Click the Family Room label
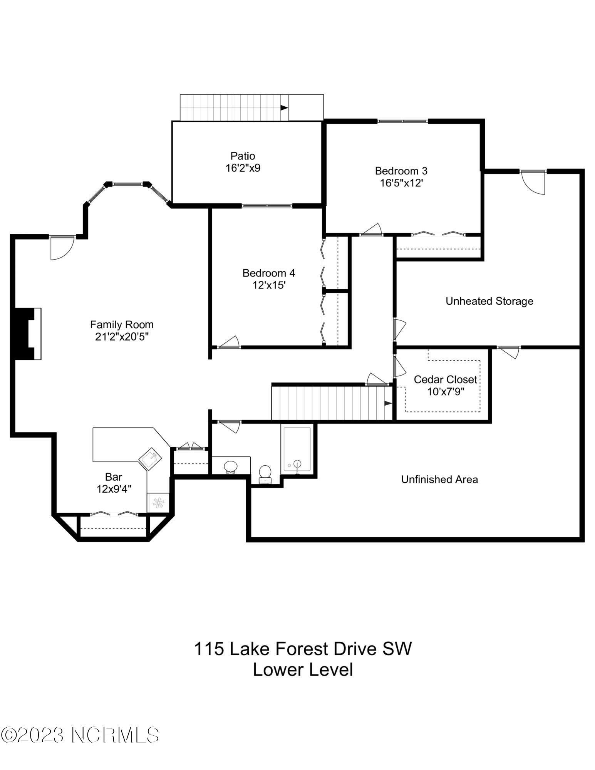(122, 324)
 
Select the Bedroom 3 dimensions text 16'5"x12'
(401, 183)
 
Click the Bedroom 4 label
(268, 273)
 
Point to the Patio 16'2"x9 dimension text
(243, 168)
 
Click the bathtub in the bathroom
(297, 449)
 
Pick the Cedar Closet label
(445, 379)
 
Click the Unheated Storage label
(489, 301)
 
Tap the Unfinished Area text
(439, 479)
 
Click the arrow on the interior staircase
(387, 403)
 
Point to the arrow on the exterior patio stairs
(284, 108)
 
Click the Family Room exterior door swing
(62, 247)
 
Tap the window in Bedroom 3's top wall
(402, 121)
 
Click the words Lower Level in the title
(303, 669)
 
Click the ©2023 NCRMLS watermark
(80, 735)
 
